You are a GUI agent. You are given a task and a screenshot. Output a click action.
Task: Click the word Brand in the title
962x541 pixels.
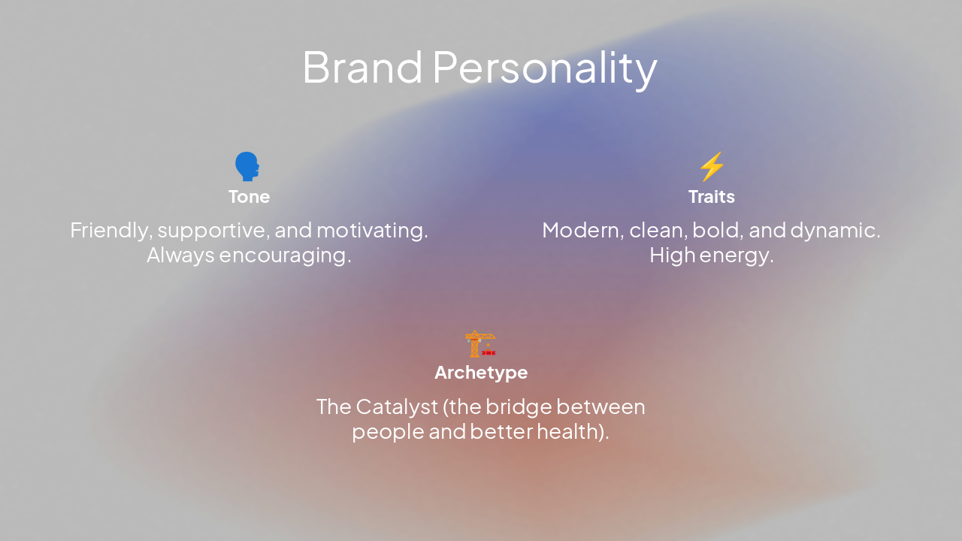pyautogui.click(x=362, y=67)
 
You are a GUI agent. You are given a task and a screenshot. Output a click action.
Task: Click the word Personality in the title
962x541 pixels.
pyautogui.click(x=545, y=68)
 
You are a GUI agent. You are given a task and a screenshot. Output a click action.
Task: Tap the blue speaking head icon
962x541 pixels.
pyautogui.click(x=247, y=166)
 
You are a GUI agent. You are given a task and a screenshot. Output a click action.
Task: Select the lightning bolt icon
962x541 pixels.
pyautogui.click(x=711, y=166)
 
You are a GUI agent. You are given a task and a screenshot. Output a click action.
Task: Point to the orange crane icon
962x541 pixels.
pyautogui.click(x=480, y=343)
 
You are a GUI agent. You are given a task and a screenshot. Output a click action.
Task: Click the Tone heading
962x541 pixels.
pyautogui.click(x=249, y=197)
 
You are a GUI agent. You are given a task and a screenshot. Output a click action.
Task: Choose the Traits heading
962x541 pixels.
pyautogui.click(x=711, y=197)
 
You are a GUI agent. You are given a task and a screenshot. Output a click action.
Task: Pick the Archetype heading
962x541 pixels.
pyautogui.click(x=481, y=373)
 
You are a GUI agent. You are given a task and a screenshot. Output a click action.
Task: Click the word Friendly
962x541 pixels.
pyautogui.click(x=110, y=231)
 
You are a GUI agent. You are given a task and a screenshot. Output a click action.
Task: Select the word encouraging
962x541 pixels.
pyautogui.click(x=289, y=256)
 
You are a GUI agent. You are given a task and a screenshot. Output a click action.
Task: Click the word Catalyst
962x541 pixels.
pyautogui.click(x=397, y=407)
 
